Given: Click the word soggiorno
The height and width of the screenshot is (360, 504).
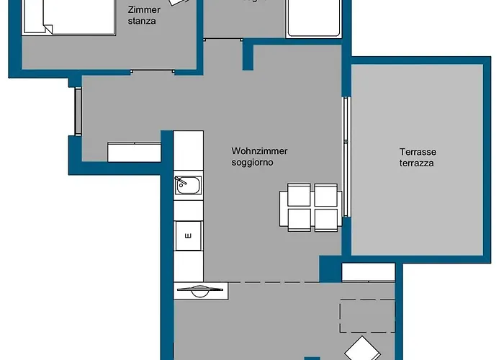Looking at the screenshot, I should pyautogui.click(x=253, y=163).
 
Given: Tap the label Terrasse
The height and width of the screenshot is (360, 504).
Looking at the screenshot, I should pyautogui.click(x=418, y=152).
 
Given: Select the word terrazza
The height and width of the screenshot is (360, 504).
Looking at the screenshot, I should pyautogui.click(x=418, y=163).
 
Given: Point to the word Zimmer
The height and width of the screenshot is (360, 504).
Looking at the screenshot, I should pyautogui.click(x=144, y=10).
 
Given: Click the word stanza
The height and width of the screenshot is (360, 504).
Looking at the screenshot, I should pyautogui.click(x=142, y=22).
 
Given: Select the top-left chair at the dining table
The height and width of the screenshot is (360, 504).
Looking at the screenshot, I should pyautogui.click(x=300, y=195).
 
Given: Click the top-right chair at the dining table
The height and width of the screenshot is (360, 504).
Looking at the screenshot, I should pyautogui.click(x=326, y=195).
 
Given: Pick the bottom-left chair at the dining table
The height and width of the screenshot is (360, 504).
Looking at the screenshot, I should pyautogui.click(x=300, y=219).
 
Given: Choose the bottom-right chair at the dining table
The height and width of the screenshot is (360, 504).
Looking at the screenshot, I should pyautogui.click(x=326, y=219).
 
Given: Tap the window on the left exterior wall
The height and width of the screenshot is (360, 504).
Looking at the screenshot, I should pyautogui.click(x=77, y=111).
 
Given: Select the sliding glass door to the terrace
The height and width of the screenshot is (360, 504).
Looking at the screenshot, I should pyautogui.click(x=346, y=155).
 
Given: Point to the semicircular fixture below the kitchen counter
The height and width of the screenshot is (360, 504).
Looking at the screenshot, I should pyautogui.click(x=199, y=290).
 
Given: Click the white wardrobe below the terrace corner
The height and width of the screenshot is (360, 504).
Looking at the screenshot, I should pyautogui.click(x=368, y=272).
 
